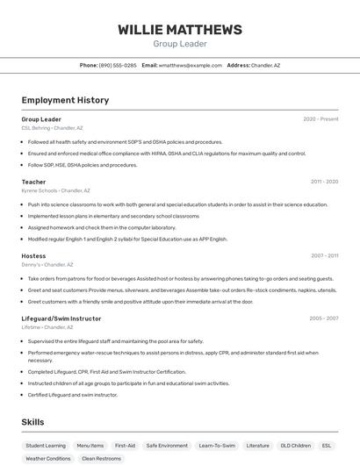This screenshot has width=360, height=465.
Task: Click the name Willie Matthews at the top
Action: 180,30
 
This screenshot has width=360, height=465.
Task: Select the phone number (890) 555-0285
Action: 118,65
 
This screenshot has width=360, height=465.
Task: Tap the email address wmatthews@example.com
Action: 190,65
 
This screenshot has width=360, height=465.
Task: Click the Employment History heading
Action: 65,100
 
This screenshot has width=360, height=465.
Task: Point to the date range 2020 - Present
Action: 320,119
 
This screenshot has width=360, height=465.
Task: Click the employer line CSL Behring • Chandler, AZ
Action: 52,128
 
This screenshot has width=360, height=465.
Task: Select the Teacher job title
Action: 33,182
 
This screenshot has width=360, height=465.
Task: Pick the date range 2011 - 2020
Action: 324,182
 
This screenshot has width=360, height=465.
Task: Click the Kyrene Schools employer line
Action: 55,190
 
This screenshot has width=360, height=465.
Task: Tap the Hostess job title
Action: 33,256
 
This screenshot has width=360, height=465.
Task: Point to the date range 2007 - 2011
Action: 324,256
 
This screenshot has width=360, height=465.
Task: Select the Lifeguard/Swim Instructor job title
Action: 61,318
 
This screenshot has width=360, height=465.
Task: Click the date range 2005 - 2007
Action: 324,318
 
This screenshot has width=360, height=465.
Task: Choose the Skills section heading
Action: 33,422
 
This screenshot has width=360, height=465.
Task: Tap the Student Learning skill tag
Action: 46,446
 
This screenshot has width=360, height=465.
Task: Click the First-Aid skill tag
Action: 125,446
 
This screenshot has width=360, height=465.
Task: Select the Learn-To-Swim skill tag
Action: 217,446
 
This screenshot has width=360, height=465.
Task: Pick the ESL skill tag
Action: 327,446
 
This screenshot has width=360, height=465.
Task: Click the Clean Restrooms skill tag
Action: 101,458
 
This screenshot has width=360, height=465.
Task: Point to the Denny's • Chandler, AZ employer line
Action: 47,265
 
